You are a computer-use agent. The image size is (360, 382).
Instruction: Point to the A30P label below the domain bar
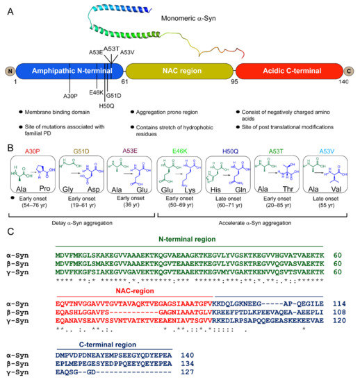click(70, 95)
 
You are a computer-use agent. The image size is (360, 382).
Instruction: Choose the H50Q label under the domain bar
click(106, 106)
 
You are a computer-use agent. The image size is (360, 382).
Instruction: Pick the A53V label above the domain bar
click(128, 51)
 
